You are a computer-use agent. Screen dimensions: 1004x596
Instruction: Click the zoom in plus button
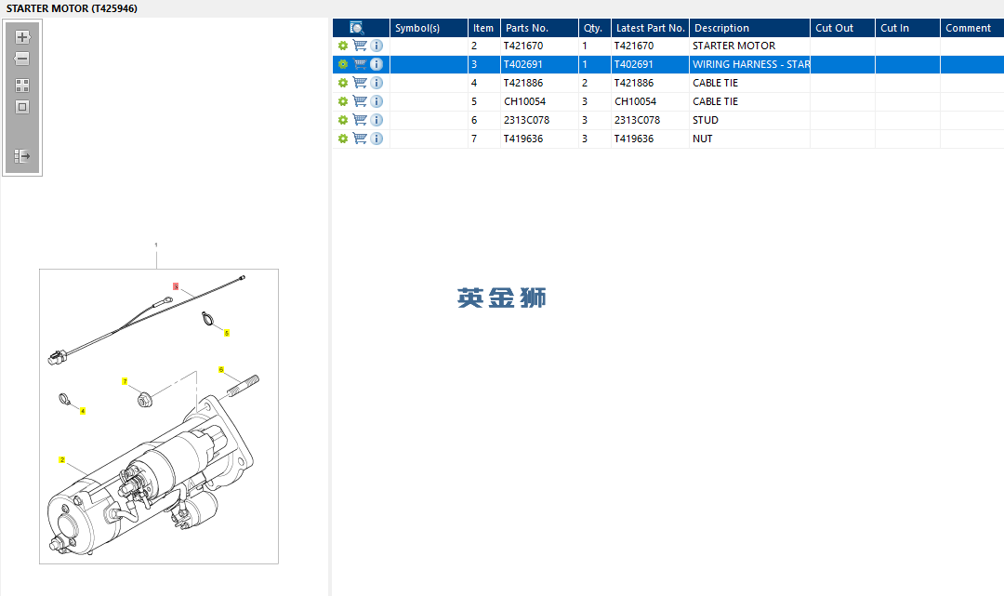pyautogui.click(x=22, y=37)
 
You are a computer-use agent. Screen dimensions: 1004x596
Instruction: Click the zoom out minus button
pyautogui.click(x=21, y=59)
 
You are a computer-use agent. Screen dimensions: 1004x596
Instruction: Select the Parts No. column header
pyautogui.click(x=527, y=28)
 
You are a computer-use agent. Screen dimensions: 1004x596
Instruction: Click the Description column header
pyautogui.click(x=721, y=28)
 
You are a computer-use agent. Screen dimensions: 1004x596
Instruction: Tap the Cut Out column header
pyautogui.click(x=834, y=28)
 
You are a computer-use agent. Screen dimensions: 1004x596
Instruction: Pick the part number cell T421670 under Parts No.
pyautogui.click(x=523, y=46)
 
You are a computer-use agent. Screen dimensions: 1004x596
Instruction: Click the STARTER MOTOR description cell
pyautogui.click(x=733, y=46)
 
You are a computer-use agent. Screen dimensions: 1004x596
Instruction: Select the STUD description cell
pyautogui.click(x=706, y=120)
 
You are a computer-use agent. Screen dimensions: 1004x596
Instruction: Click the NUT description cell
pyautogui.click(x=703, y=139)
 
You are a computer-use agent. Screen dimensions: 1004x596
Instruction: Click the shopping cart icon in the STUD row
pyautogui.click(x=360, y=120)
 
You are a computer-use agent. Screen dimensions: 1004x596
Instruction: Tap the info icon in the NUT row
pyautogui.click(x=376, y=139)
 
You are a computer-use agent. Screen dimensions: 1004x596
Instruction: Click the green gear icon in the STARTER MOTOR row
pyautogui.click(x=343, y=46)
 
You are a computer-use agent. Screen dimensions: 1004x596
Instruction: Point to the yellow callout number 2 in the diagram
pyautogui.click(x=61, y=459)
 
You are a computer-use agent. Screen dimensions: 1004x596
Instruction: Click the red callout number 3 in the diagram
pyautogui.click(x=176, y=286)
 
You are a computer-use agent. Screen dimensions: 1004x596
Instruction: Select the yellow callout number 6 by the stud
pyautogui.click(x=221, y=369)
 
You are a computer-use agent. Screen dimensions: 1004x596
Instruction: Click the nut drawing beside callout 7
pyautogui.click(x=145, y=400)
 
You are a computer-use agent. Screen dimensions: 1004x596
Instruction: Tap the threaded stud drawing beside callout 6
pyautogui.click(x=243, y=386)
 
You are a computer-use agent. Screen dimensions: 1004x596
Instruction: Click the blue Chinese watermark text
pyautogui.click(x=501, y=298)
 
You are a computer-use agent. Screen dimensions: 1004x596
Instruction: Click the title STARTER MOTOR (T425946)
pyautogui.click(x=72, y=9)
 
